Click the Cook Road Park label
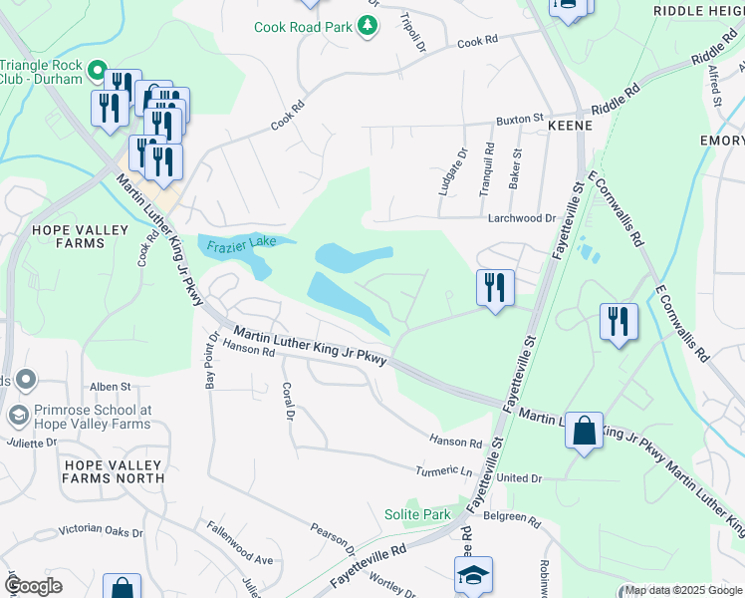[317, 26]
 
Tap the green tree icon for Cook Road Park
[369, 25]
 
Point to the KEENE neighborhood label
[570, 127]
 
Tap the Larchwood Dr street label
[521, 217]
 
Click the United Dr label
[519, 478]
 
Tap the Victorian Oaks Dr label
[101, 530]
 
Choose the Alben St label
[111, 386]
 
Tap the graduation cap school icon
[474, 573]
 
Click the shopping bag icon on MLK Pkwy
[584, 431]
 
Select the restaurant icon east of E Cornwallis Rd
[619, 322]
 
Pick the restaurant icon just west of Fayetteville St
[495, 288]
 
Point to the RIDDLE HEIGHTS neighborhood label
[698, 10]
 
